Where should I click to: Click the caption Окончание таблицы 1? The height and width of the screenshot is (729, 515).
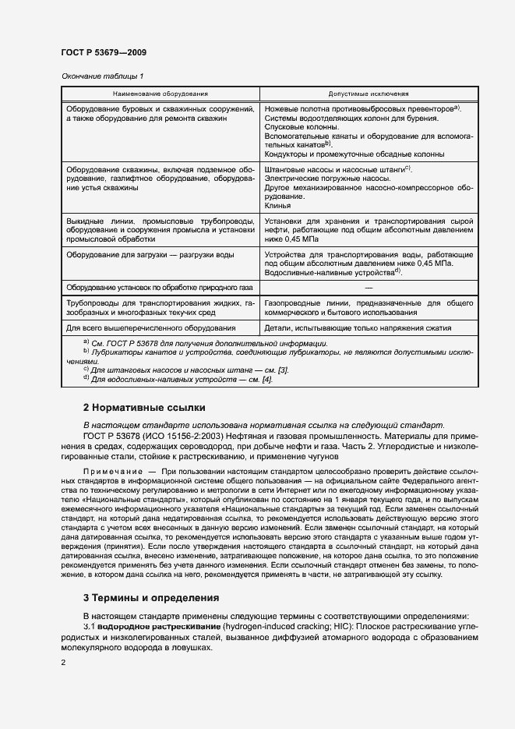pos(102,76)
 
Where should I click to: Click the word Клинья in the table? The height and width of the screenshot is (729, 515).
pos(278,206)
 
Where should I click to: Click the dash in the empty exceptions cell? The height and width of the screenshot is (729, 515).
pos(368,287)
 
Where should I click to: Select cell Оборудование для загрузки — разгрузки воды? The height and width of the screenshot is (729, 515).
pos(150,254)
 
